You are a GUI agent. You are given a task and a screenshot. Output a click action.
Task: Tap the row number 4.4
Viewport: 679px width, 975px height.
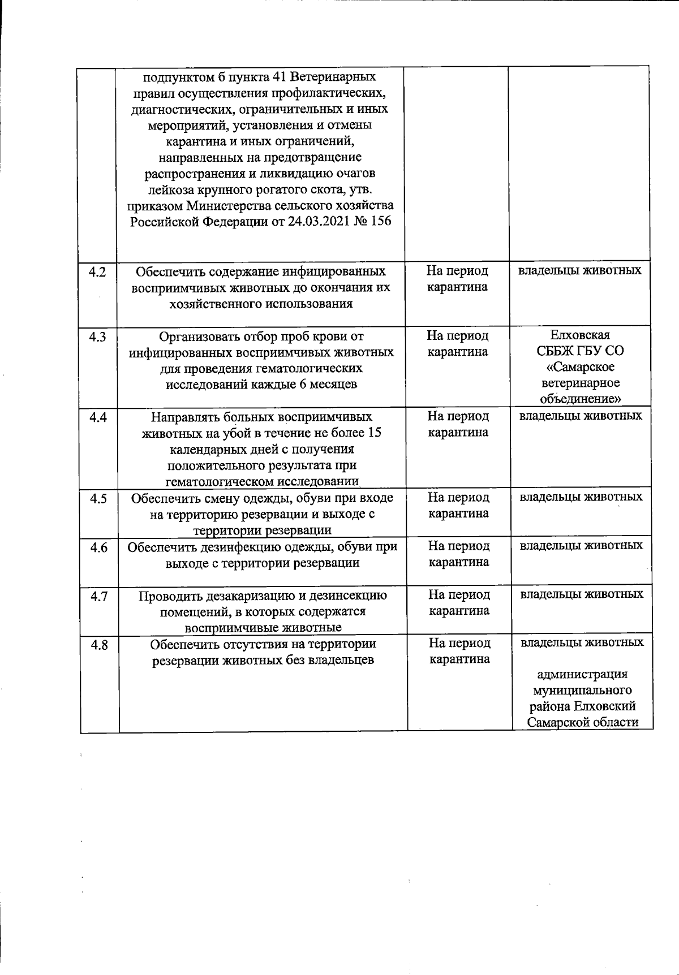click(x=98, y=418)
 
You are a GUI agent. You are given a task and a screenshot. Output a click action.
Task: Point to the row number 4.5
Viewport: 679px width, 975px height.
click(x=98, y=499)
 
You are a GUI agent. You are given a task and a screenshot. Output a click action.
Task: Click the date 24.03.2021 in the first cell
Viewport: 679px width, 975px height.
click(x=318, y=221)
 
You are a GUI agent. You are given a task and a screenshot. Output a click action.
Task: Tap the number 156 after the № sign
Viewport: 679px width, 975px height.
click(x=381, y=221)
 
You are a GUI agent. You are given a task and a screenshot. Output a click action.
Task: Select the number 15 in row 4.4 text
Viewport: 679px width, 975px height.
click(x=374, y=433)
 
